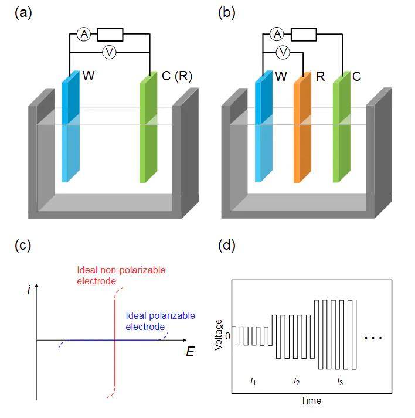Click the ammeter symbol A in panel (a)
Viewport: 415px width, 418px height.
(84, 35)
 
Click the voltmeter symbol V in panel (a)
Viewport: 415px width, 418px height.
(108, 53)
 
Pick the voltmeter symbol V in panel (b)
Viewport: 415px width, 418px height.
(283, 53)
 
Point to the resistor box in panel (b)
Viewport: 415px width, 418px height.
(304, 35)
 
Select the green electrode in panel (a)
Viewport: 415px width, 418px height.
(148, 129)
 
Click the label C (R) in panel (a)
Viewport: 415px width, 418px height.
(176, 76)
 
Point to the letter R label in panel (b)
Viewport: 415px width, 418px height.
(320, 76)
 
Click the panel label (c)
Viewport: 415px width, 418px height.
(23, 246)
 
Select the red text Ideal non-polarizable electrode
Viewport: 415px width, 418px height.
(121, 275)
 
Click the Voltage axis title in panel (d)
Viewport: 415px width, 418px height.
(219, 335)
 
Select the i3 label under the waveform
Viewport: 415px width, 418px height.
(340, 381)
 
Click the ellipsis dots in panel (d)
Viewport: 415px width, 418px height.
(373, 338)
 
